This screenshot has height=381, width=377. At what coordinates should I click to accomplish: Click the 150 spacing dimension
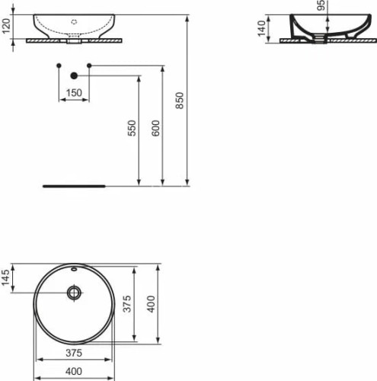pos(74,92)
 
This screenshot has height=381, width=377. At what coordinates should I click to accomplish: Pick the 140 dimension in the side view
pos(260,30)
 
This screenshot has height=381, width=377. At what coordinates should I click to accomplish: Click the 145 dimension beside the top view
pos(6,278)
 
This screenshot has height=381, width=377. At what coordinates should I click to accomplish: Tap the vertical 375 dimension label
pos(128,306)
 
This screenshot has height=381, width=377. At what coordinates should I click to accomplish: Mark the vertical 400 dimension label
pos(151,306)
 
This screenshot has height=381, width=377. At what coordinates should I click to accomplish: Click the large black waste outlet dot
pos(74,75)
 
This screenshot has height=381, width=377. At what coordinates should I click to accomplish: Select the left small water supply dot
pos(59,66)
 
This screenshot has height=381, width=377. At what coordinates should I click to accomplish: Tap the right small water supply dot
pos(89,66)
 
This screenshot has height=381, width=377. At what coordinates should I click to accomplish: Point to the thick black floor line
pos(74,184)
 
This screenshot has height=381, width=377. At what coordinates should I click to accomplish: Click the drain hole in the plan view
pos(74,292)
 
